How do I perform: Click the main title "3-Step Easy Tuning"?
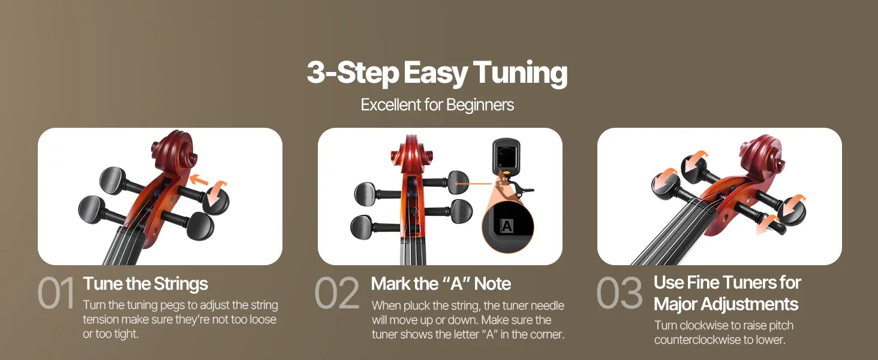437,73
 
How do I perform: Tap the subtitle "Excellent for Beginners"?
437,105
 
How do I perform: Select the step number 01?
56,293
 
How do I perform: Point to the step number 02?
337,293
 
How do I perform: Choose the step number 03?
620,293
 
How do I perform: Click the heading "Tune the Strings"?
145,284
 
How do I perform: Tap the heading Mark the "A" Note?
441,284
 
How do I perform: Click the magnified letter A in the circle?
507,226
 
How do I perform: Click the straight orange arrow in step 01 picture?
199,181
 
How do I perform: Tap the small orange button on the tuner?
506,172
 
